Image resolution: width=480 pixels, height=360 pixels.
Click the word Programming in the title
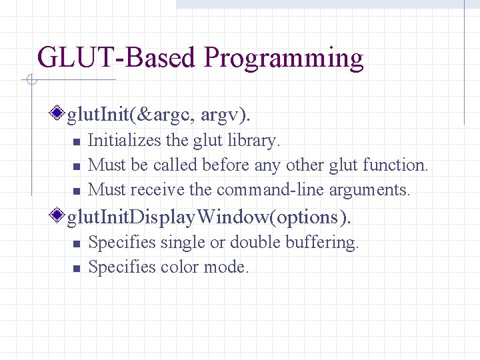click(284, 59)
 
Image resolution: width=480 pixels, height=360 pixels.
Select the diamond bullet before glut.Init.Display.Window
click(60, 216)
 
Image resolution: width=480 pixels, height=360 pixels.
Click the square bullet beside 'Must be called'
click(76, 166)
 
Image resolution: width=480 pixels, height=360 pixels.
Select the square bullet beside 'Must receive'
click(76, 191)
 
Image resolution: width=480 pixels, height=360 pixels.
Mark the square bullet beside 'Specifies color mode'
click(76, 269)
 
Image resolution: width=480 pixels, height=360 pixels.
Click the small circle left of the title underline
click(31, 81)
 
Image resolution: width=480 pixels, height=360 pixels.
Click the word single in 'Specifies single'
click(183, 243)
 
